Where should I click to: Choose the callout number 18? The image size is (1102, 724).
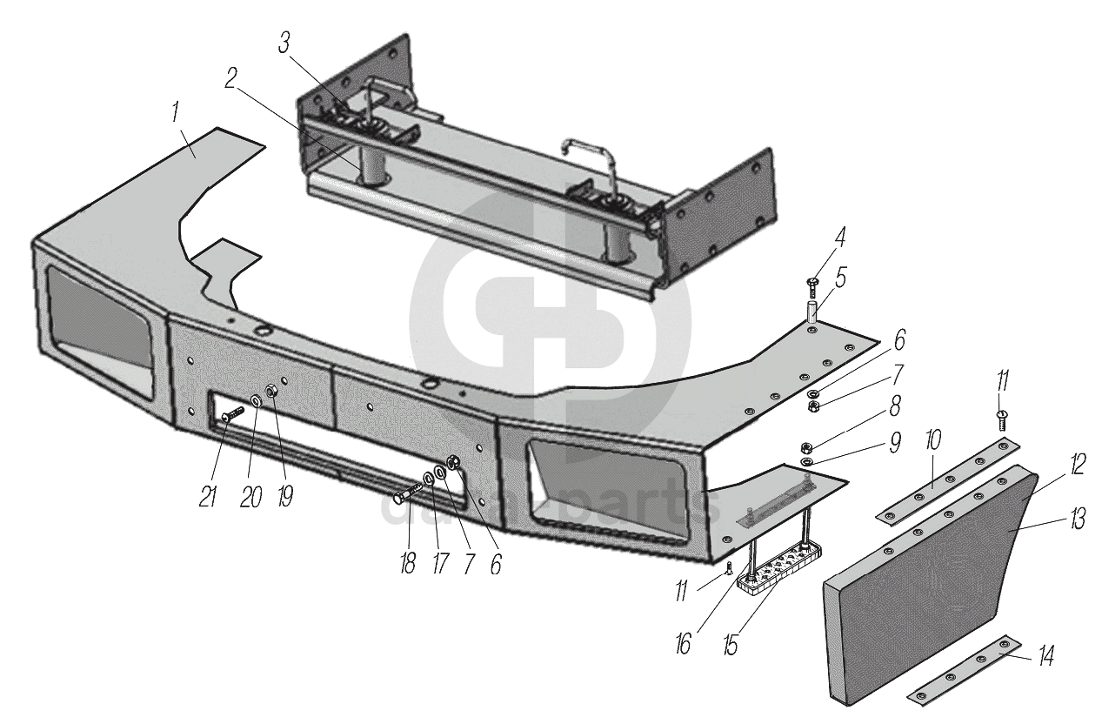pyautogui.click(x=406, y=561)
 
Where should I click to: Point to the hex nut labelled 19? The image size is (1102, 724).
pyautogui.click(x=271, y=391)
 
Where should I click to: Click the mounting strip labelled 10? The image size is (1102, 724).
pyautogui.click(x=945, y=484)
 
